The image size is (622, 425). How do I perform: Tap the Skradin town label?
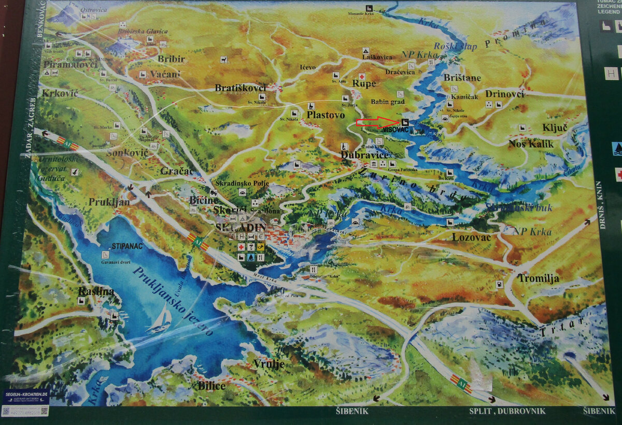240,227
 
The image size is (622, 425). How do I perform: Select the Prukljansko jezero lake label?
173,301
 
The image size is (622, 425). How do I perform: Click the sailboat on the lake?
160,318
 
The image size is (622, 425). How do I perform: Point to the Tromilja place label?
538,278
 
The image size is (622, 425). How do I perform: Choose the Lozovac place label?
471,237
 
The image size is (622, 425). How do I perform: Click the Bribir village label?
171,59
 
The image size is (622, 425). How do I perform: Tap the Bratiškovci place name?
240,88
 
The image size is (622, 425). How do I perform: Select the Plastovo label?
326,115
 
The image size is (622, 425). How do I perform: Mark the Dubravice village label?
364,154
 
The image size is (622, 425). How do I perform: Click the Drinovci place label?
505,94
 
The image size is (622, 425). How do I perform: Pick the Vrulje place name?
268,364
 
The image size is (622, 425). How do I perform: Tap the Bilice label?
211,386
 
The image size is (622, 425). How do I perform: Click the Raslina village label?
96,291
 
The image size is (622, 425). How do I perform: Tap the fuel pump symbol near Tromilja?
499,284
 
